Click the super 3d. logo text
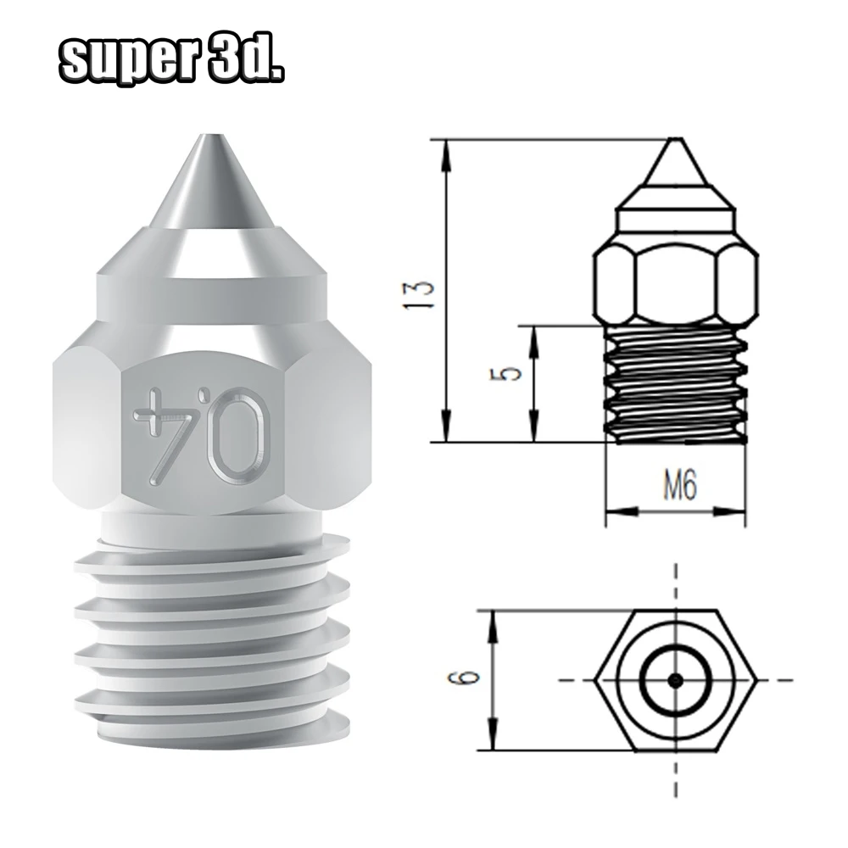172,64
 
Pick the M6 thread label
679,483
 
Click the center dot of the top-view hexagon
675,680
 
